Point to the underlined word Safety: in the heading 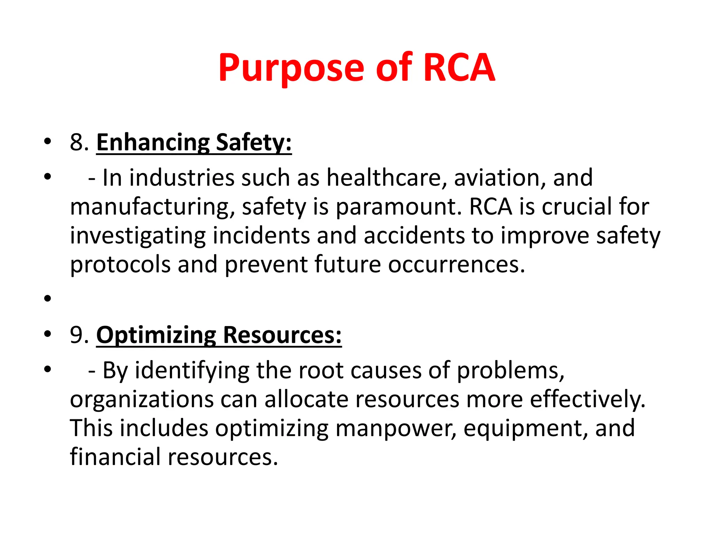click(x=253, y=143)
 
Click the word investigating click(x=138, y=236)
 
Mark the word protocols click(x=120, y=265)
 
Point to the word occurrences click(x=456, y=265)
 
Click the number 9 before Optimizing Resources click(x=77, y=335)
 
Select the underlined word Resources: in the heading click(x=282, y=335)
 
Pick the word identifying click(x=192, y=371)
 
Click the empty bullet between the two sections click(x=48, y=298)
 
